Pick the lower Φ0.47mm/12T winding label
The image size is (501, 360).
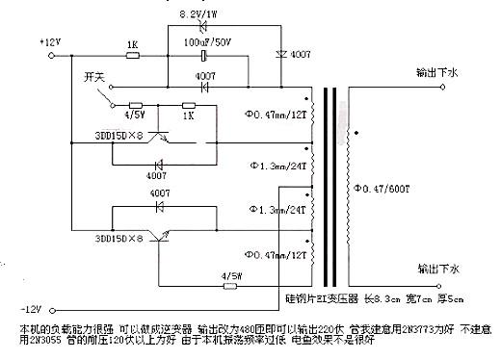[x=276, y=255]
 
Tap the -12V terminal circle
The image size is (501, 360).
[x=58, y=308]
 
